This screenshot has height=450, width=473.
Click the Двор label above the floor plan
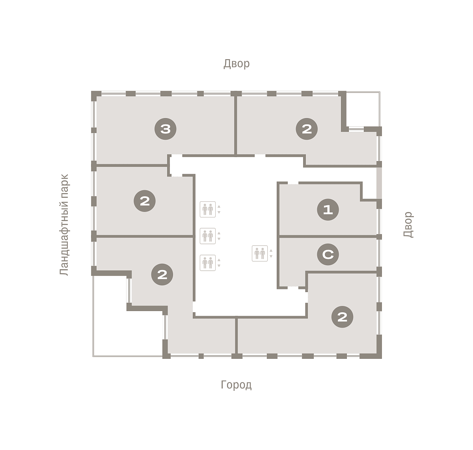(x=236, y=64)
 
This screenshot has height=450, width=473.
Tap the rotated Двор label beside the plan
(x=408, y=224)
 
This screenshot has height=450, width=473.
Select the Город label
(x=236, y=385)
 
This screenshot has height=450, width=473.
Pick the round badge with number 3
(x=165, y=129)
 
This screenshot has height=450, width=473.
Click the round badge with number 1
(x=328, y=210)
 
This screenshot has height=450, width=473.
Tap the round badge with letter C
(x=328, y=254)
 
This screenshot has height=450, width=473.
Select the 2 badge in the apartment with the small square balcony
(x=307, y=129)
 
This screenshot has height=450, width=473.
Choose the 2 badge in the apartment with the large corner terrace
(x=162, y=274)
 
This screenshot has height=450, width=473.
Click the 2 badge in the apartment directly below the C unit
(x=343, y=317)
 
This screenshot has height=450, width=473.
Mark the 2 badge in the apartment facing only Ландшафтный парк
(x=145, y=201)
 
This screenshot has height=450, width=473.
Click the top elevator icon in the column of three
(x=208, y=210)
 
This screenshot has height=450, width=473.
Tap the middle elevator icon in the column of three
(x=208, y=236)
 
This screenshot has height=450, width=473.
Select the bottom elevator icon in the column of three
(x=208, y=263)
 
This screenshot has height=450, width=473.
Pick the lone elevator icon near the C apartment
(x=260, y=253)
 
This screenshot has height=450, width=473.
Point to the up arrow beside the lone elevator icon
(x=271, y=251)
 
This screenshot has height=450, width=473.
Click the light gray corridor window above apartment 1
(x=379, y=183)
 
